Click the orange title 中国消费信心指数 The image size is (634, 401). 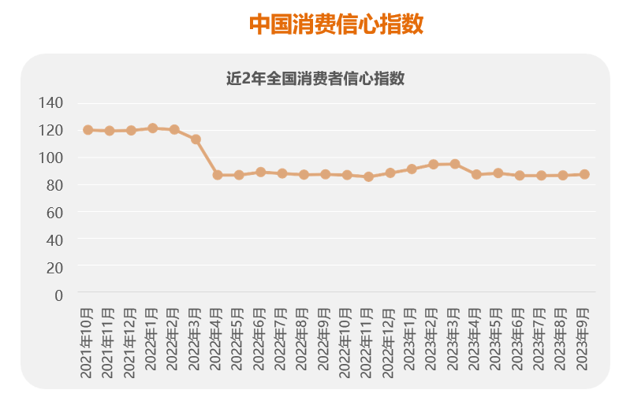(x=337, y=24)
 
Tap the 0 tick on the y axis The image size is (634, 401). (x=58, y=295)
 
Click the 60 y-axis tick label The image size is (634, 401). (x=54, y=213)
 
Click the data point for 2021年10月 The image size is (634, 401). (x=88, y=130)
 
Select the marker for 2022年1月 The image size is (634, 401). (x=153, y=128)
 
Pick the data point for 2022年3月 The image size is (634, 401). (x=196, y=139)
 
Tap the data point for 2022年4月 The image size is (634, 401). (x=218, y=175)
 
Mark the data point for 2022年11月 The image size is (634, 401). (x=368, y=176)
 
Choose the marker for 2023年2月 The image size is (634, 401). (x=433, y=165)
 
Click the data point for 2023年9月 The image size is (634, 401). (x=584, y=174)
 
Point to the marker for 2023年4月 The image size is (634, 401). (x=476, y=174)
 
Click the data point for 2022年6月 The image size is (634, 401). (x=260, y=172)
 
